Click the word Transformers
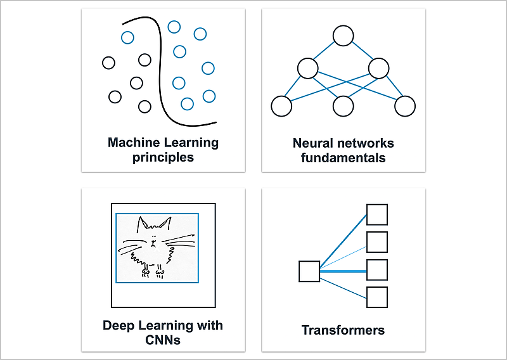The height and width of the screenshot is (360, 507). tap(343, 330)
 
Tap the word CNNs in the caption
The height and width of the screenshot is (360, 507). tap(163, 340)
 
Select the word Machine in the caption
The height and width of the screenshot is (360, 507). tap(132, 143)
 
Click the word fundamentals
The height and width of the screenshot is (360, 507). tap(343, 157)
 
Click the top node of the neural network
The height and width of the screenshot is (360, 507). tap(343, 35)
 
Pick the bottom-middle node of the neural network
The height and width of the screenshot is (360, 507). tap(343, 106)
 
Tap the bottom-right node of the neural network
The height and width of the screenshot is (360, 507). tap(405, 106)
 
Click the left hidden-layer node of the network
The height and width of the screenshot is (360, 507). tap(307, 68)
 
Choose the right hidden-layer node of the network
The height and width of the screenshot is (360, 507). tap(378, 68)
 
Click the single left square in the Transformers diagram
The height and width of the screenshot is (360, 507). tap(309, 271)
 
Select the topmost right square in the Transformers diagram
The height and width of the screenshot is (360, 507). tap(377, 214)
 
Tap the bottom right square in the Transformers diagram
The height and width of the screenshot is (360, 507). tap(377, 297)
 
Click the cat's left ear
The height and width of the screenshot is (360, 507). tap(144, 223)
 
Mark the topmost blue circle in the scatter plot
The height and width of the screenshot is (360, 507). tap(174, 26)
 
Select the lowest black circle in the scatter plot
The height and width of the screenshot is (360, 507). tap(145, 106)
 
